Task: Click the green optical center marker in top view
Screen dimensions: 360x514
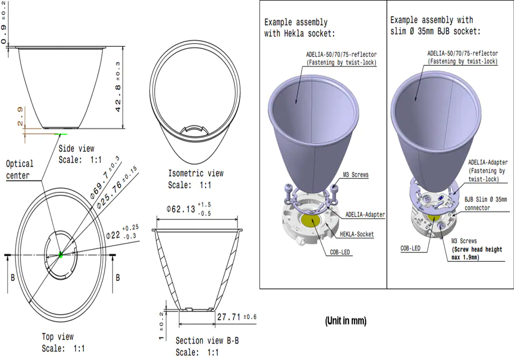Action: pos(61,254)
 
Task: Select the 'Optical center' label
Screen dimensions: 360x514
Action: pos(20,169)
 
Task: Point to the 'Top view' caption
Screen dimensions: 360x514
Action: pos(58,337)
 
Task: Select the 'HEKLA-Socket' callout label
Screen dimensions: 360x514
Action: pos(357,234)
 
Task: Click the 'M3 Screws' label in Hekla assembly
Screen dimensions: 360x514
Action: pos(356,175)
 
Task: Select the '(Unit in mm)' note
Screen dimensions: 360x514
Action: pos(345,321)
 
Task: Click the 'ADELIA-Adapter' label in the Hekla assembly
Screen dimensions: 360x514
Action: pos(365,214)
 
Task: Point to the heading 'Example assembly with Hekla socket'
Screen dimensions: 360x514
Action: pos(299,28)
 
